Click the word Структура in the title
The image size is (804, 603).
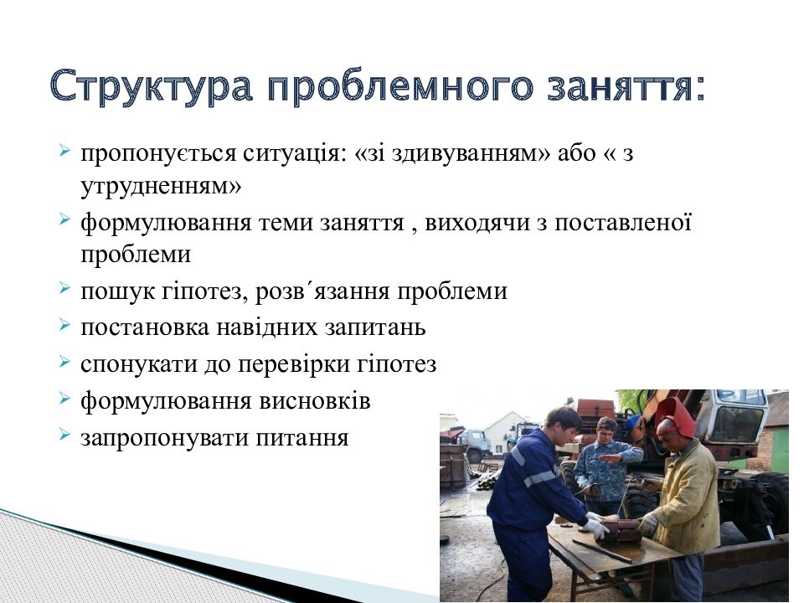coord(152,86)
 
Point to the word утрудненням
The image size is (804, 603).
coord(161,186)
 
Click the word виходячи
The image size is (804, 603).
coord(477,224)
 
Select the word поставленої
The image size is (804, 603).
coord(623,223)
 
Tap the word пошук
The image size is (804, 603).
coord(117,291)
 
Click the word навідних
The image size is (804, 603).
coord(267,327)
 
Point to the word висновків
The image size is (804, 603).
coord(315,401)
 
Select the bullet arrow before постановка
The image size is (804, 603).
coord(64,325)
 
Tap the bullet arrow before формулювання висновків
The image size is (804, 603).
coord(64,399)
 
